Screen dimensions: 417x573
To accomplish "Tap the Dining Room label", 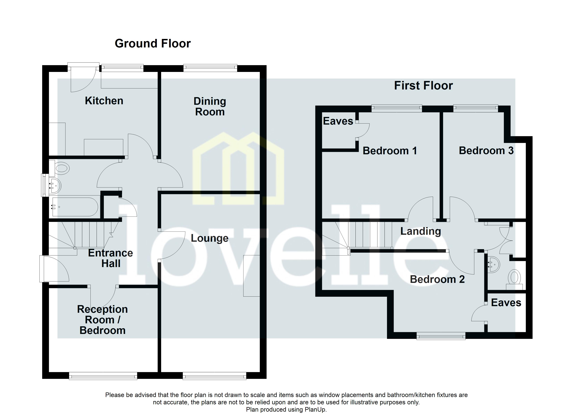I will [x=210, y=107].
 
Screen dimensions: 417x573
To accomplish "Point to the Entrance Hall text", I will [x=110, y=258].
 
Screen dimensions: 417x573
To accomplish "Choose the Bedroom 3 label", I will [x=486, y=150].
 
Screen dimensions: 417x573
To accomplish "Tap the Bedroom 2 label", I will [x=437, y=279].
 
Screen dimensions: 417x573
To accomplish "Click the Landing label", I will [x=421, y=231].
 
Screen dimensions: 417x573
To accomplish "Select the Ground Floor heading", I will [x=153, y=43].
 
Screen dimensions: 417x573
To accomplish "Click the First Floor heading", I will [x=423, y=85].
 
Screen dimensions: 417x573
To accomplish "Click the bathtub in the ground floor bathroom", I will [x=75, y=207].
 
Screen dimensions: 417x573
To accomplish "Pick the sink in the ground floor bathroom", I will [x=55, y=186].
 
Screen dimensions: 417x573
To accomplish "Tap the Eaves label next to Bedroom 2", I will [x=506, y=303].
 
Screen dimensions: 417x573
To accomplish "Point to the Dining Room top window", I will [x=210, y=67].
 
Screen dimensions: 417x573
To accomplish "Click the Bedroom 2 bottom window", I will [x=441, y=336].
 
